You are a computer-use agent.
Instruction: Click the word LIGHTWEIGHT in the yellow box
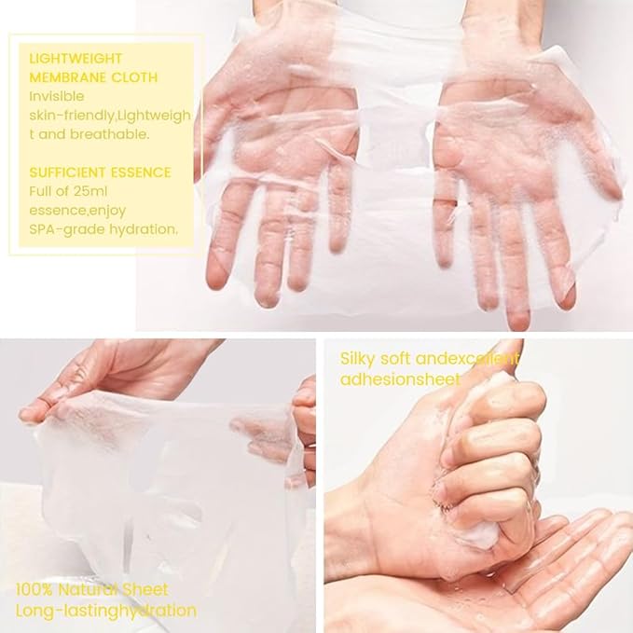[x=76, y=59]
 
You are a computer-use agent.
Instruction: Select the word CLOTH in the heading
[x=134, y=77]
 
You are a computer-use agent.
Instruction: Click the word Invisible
[x=57, y=96]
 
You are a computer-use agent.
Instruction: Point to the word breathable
[x=109, y=134]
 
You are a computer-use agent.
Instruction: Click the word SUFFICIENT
[x=67, y=172]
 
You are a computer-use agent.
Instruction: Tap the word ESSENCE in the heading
[x=141, y=172]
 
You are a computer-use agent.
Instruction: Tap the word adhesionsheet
[x=400, y=379]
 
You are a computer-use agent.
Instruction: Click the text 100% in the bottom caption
[x=34, y=590]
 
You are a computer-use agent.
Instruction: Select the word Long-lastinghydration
[x=106, y=612]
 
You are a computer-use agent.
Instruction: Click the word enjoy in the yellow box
[x=106, y=211]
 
